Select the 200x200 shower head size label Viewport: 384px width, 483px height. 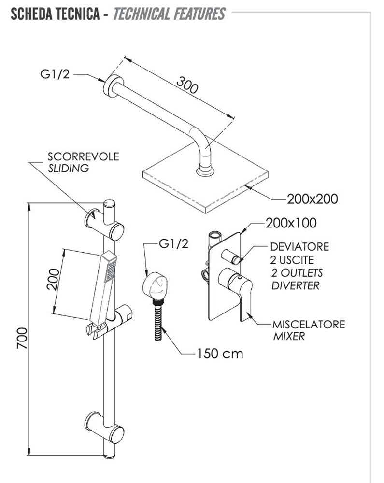pos(312,199)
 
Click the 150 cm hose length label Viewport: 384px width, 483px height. pos(220,354)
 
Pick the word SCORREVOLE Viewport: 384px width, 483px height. pos(83,157)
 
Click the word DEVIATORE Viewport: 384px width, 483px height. pos(299,247)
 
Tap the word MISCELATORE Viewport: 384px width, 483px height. pos(309,324)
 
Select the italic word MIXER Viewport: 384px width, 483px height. pos(289,336)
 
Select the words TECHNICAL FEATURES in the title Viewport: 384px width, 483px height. pos(169,14)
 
